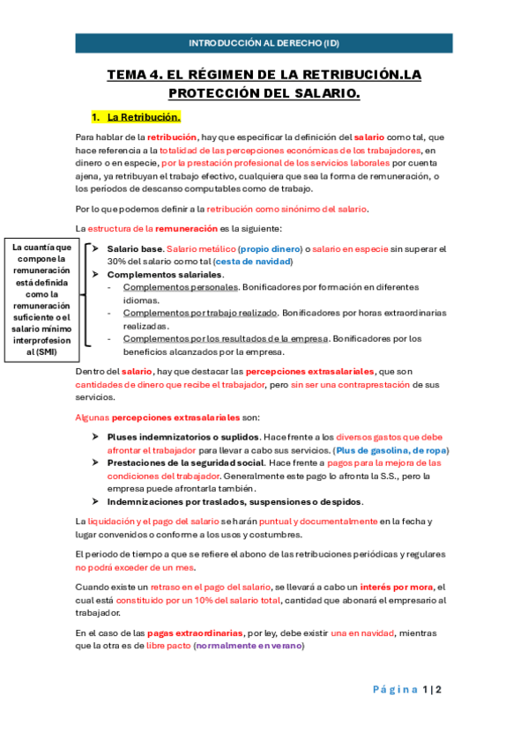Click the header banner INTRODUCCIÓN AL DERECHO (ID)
click(264, 42)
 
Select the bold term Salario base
click(134, 249)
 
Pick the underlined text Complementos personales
click(181, 287)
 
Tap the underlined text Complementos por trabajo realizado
click(199, 313)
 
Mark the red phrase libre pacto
click(167, 646)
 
